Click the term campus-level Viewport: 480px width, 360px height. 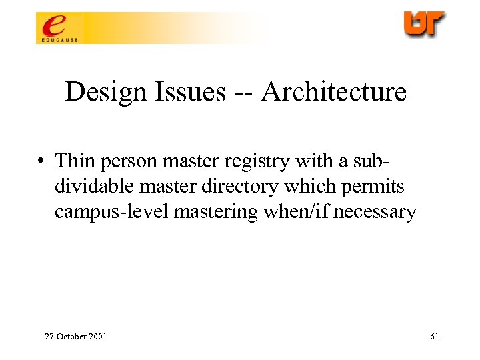click(x=109, y=212)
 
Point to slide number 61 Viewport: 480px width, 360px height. click(x=434, y=337)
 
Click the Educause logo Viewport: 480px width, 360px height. click(x=57, y=29)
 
